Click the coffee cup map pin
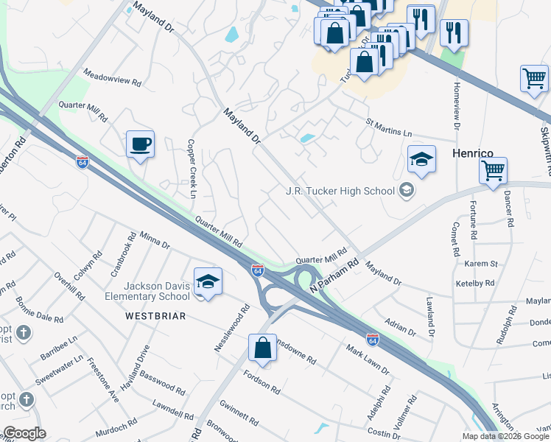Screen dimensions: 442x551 [140, 144]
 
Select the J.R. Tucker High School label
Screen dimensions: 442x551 [340, 191]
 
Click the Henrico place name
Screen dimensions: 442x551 [471, 153]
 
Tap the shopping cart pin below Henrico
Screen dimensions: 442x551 [493, 171]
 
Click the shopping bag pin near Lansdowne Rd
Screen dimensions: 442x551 [263, 347]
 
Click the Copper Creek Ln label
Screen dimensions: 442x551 [192, 169]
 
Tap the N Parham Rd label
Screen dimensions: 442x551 [334, 274]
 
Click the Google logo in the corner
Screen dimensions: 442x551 [24, 433]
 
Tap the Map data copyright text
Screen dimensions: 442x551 [506, 436]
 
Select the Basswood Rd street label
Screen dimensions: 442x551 [161, 381]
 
